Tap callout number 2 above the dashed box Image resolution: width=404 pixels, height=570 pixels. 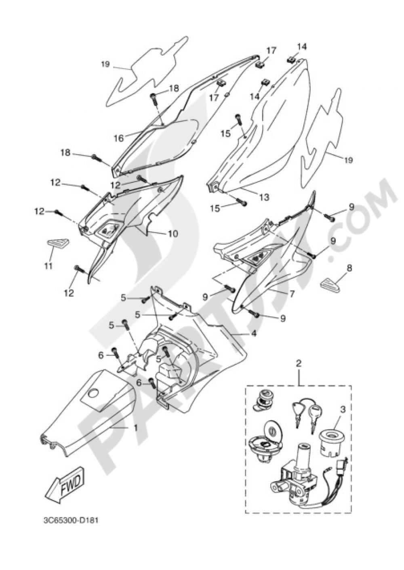(x=299, y=363)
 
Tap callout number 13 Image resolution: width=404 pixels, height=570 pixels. (x=264, y=198)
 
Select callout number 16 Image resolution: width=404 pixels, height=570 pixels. (x=118, y=138)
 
